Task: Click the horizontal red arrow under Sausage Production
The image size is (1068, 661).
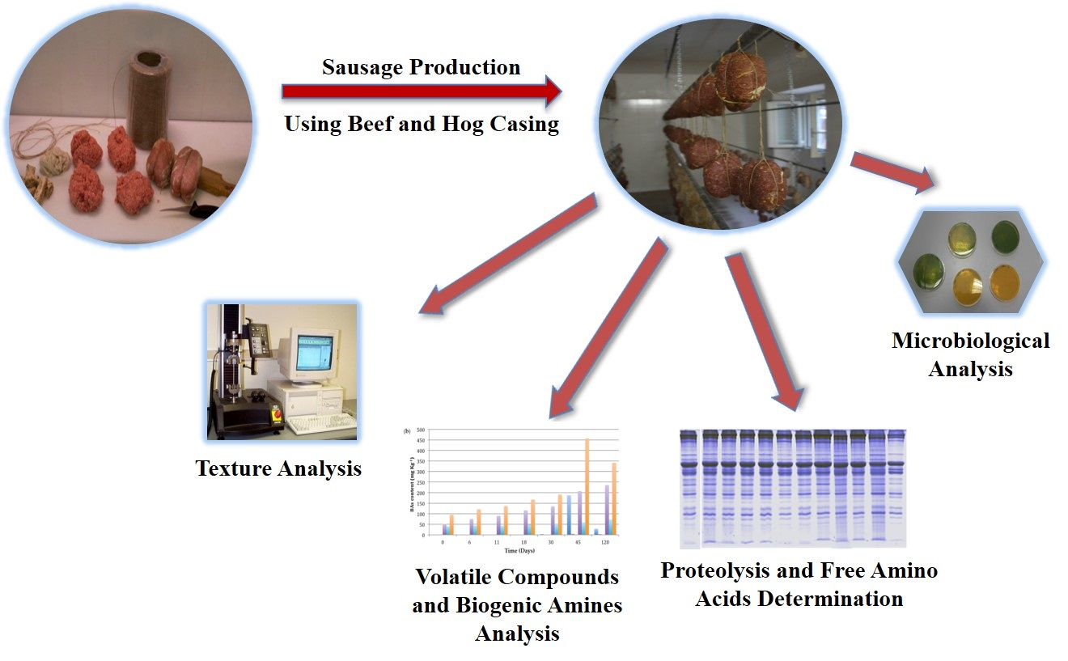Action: click(421, 91)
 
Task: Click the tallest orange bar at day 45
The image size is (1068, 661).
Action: click(587, 485)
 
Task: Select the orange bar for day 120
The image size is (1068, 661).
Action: click(612, 498)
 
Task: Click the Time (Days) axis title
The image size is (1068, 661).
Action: click(523, 550)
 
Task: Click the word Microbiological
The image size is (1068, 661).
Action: click(970, 341)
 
